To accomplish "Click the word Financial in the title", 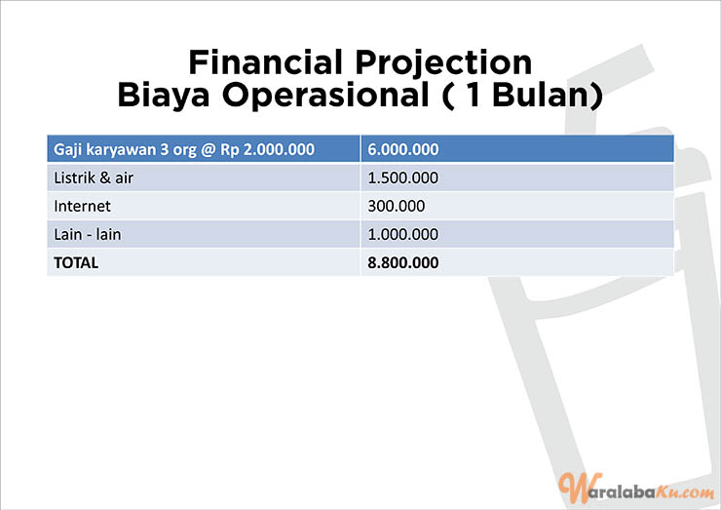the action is pyautogui.click(x=266, y=62).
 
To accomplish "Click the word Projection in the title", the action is pyautogui.click(x=443, y=63).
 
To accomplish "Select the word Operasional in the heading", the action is pyautogui.click(x=326, y=95).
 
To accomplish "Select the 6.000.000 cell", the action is pyautogui.click(x=402, y=149).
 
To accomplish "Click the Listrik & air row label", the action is pyautogui.click(x=94, y=177).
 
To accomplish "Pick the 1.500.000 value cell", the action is pyautogui.click(x=402, y=178).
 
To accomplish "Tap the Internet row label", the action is pyautogui.click(x=82, y=206).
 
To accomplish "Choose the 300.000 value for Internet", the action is pyautogui.click(x=396, y=206).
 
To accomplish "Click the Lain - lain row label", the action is pyautogui.click(x=88, y=234).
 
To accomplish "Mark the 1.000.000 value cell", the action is pyautogui.click(x=402, y=234).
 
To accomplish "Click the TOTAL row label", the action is pyautogui.click(x=76, y=263).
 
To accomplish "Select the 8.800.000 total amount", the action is pyautogui.click(x=402, y=263).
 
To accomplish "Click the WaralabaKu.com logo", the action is pyautogui.click(x=636, y=489).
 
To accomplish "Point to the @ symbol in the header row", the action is pyautogui.click(x=209, y=150).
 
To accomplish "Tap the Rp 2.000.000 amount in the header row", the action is pyautogui.click(x=268, y=149).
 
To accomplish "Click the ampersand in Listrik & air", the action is pyautogui.click(x=105, y=177).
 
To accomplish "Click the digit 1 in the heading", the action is pyautogui.click(x=474, y=95).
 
